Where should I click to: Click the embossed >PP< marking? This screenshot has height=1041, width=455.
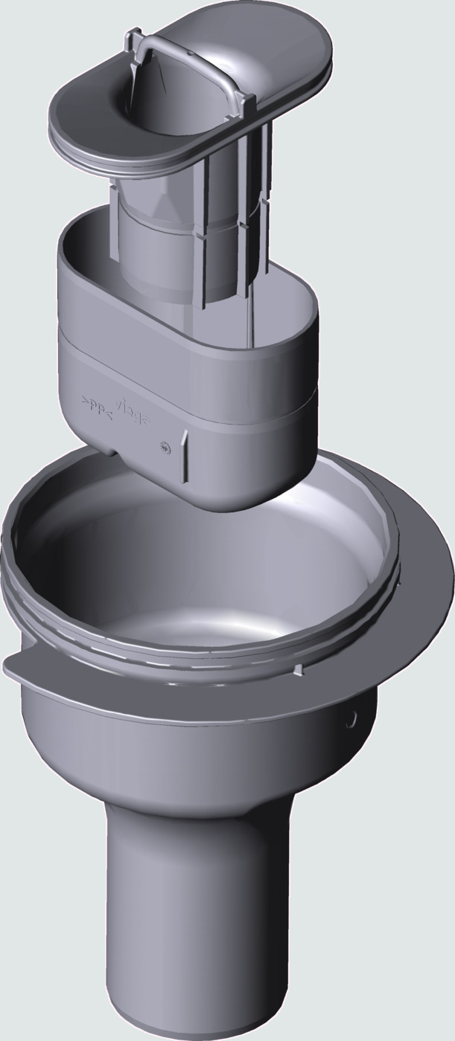pyautogui.click(x=95, y=405)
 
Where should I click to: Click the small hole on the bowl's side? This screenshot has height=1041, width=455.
pyautogui.click(x=351, y=718)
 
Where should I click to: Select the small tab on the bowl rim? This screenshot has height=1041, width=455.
pyautogui.click(x=299, y=670)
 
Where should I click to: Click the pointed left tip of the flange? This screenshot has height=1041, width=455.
pyautogui.click(x=7, y=667)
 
